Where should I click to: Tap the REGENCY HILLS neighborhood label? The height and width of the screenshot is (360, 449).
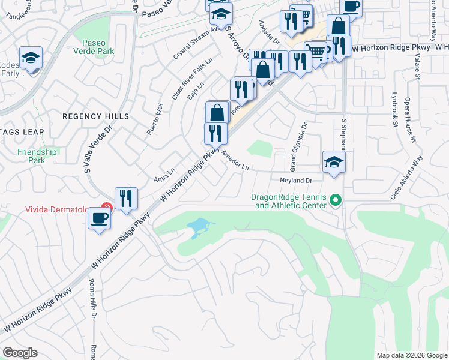(96, 116)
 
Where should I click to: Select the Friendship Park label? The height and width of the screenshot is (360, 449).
(37, 156)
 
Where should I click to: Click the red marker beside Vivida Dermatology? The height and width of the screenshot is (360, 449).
(106, 209)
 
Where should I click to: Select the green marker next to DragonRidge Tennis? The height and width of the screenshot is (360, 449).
(336, 201)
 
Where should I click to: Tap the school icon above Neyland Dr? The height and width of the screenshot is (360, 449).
(334, 162)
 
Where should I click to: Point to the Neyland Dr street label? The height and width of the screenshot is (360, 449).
(297, 181)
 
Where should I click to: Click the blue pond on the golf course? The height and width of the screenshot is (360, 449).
(198, 227)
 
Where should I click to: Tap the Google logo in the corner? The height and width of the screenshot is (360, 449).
(20, 353)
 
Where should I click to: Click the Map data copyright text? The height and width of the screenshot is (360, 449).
(411, 355)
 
